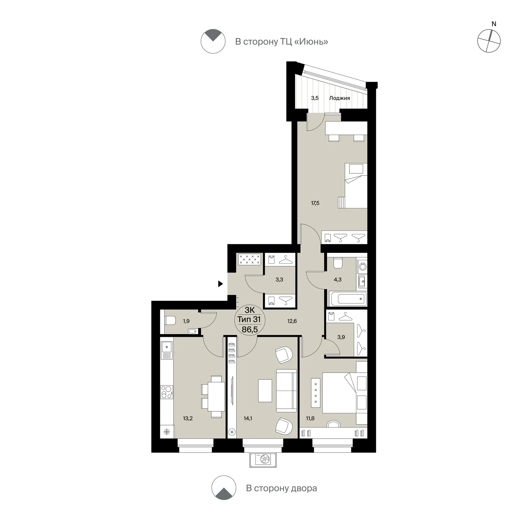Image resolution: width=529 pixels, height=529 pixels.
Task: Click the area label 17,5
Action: coord(315,203)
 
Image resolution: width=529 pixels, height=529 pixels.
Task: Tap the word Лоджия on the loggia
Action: coord(340,98)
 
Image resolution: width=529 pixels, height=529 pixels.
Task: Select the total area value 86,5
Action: coord(250,329)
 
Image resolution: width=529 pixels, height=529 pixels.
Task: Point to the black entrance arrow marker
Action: coord(220,284)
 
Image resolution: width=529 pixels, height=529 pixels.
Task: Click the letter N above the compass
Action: coord(494,24)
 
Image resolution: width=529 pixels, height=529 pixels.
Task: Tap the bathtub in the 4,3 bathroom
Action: coord(349,299)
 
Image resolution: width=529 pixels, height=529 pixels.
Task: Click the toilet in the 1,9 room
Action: coord(170,320)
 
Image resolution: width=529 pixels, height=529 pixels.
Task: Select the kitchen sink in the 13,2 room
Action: coord(167,350)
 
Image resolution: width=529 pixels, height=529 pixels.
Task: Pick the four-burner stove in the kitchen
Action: coord(167,392)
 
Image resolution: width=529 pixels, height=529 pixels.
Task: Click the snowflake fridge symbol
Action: coord(167,432)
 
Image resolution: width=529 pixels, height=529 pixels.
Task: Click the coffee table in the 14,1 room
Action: coord(265,391)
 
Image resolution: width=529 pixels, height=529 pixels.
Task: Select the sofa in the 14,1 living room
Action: coord(286,391)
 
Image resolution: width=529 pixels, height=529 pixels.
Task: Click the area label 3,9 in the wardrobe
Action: coord(341,337)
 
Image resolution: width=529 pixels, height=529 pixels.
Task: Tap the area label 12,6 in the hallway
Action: coord(292,321)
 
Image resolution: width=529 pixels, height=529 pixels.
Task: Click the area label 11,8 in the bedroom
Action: coord(310,418)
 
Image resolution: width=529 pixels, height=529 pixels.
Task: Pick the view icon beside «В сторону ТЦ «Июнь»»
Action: coord(213,41)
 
